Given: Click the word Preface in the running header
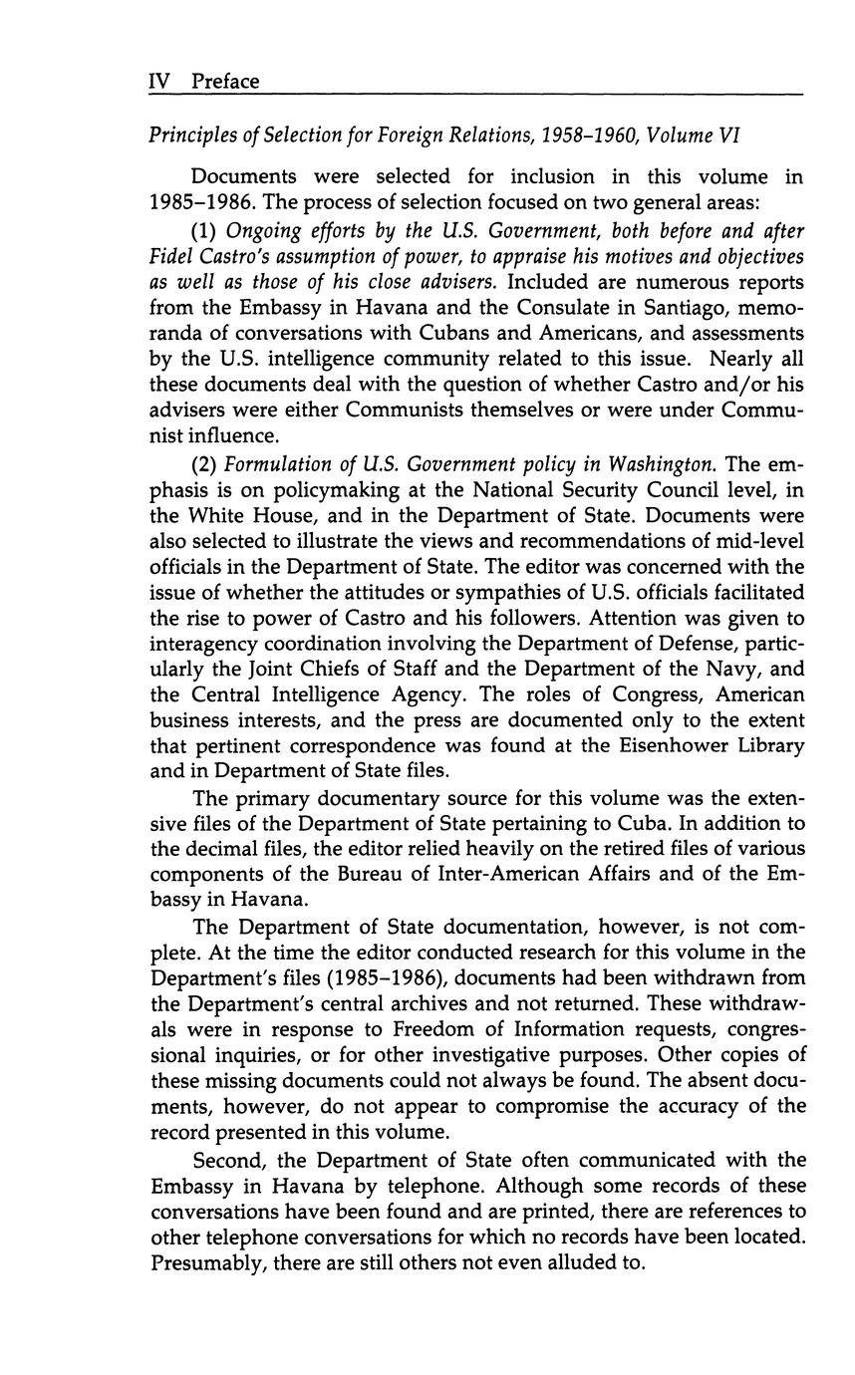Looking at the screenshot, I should click(x=225, y=82).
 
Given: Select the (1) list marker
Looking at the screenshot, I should click(x=206, y=230).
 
